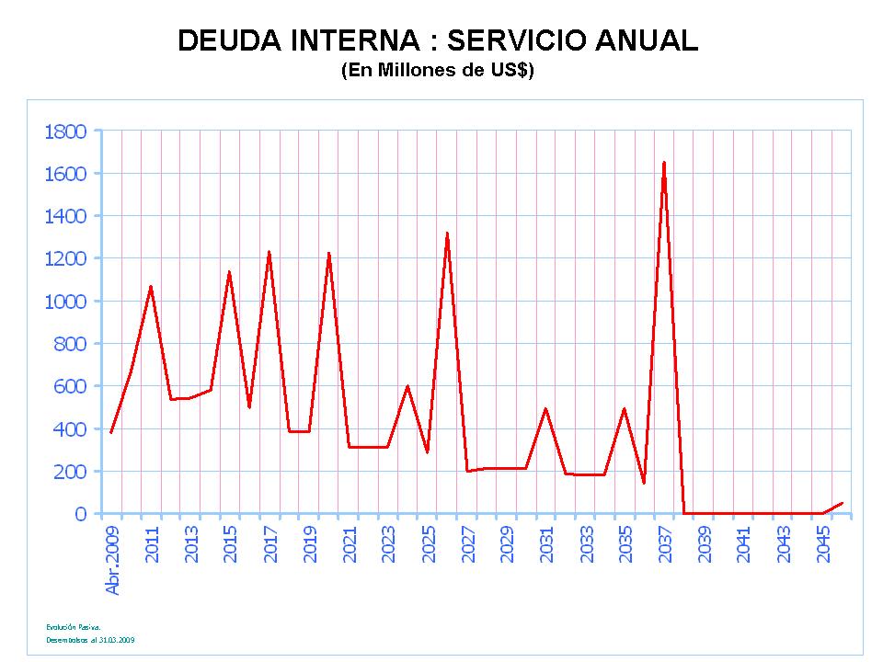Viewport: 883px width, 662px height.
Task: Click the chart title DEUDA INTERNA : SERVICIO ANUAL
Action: tap(437, 40)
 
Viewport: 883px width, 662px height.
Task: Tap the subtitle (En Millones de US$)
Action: tap(437, 72)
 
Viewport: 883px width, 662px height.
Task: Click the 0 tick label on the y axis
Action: tap(80, 514)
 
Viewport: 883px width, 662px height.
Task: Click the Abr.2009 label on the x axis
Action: tap(113, 560)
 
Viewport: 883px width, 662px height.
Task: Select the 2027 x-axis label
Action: tap(468, 544)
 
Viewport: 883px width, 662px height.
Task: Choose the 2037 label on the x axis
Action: tap(665, 544)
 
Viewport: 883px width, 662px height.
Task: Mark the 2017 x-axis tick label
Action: tap(270, 544)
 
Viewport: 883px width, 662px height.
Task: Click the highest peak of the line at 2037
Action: tap(664, 163)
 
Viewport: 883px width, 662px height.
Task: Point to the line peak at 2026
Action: tap(447, 234)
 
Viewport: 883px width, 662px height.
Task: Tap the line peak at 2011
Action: tap(151, 287)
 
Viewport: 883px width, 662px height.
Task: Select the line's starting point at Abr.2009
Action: tap(111, 432)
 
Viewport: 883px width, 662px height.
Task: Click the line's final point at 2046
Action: tap(842, 503)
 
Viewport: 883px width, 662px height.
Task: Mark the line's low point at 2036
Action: tap(644, 483)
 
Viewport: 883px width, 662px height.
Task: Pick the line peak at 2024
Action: tap(407, 386)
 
